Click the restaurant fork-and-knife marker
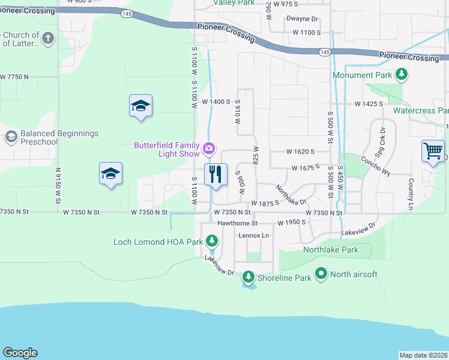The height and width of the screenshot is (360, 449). (x=215, y=174)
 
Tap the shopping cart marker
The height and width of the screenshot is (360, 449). (x=433, y=151)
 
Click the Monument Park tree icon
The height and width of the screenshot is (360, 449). (x=402, y=75)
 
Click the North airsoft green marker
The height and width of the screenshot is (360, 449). (x=321, y=274)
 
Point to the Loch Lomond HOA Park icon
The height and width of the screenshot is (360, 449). (x=211, y=241)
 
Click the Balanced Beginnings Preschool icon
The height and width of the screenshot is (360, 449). (x=10, y=137)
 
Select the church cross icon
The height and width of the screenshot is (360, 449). (x=48, y=39)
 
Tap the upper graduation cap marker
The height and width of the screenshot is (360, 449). (x=140, y=106)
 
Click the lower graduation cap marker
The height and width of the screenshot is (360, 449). (x=110, y=174)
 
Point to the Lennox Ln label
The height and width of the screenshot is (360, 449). (x=254, y=235)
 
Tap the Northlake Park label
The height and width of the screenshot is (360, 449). (x=330, y=250)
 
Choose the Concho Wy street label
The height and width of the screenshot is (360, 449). (x=375, y=166)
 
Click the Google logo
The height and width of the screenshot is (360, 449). (x=20, y=353)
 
